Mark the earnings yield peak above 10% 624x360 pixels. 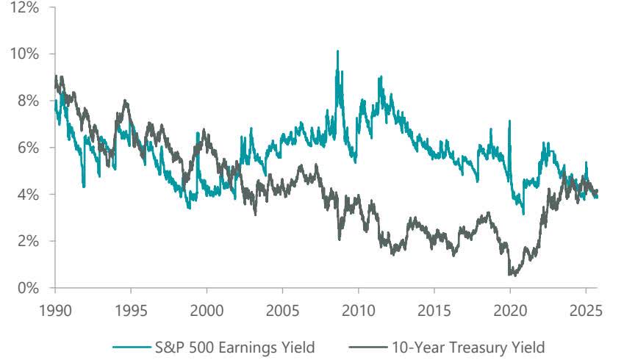point(337,51)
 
